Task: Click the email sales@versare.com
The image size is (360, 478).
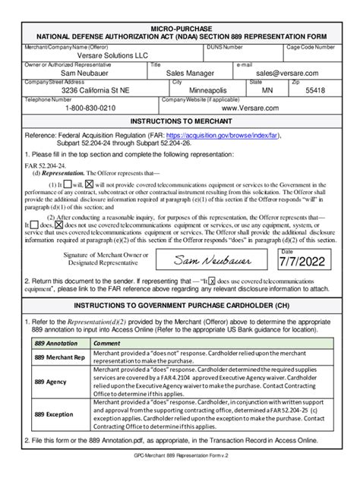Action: point(287,73)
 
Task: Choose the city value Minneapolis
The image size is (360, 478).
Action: point(204,90)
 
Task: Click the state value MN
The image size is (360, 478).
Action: point(268,90)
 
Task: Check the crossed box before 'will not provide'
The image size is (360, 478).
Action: point(90,184)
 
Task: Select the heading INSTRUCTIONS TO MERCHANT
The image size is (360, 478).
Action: point(179,121)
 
